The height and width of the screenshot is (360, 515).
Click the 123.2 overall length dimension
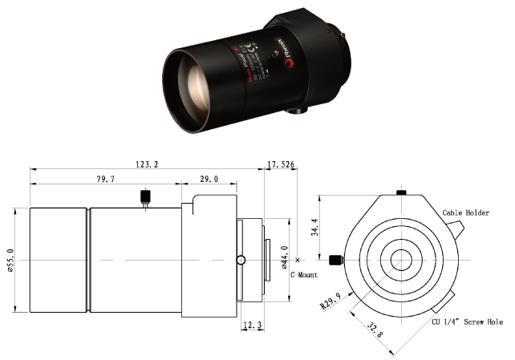[x=146, y=164]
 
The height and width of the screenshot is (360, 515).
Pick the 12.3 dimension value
[x=253, y=326]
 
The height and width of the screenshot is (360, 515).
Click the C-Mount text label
[x=303, y=274]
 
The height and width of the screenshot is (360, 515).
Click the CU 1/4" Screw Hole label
[x=468, y=322]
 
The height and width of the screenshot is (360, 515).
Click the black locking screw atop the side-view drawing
[x=145, y=196]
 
